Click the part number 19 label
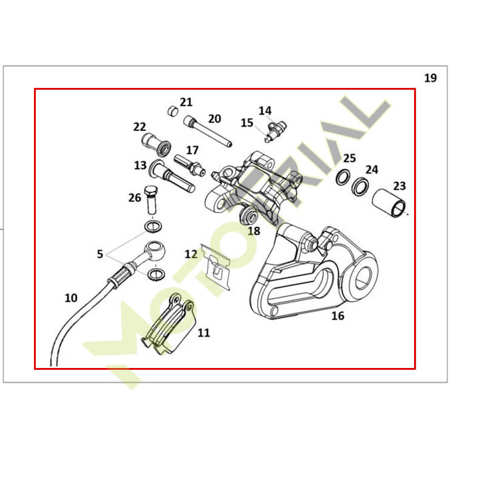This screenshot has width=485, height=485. [430, 78]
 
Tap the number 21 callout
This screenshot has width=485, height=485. [186, 102]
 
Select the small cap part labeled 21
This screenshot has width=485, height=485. [173, 111]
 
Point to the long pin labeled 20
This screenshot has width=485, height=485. [207, 131]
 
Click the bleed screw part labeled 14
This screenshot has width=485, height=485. [277, 129]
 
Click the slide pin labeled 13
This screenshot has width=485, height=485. [172, 176]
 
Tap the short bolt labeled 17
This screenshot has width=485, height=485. [190, 165]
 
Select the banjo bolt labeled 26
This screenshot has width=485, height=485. [151, 199]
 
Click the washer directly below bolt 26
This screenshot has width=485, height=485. [153, 227]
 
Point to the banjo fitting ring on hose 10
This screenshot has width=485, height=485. [155, 249]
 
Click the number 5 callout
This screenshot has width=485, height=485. [99, 254]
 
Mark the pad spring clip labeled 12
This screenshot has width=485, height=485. [216, 267]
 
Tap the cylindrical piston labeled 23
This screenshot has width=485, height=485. [389, 203]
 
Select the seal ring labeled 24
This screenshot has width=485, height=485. [360, 186]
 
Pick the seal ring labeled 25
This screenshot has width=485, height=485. [343, 178]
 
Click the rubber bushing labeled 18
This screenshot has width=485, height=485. [249, 216]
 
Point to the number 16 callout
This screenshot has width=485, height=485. [338, 316]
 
